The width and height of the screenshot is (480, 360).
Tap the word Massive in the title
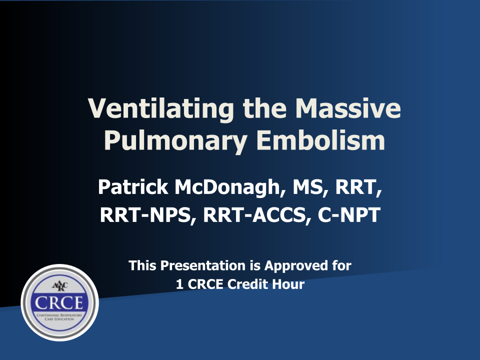[348, 108]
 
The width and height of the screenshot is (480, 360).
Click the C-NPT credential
[349, 214]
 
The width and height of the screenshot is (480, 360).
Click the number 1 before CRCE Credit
[179, 284]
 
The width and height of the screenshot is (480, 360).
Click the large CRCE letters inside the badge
[59, 303]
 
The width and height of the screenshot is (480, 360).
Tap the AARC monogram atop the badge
[59, 286]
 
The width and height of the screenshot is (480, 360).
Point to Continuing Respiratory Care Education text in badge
[59, 317]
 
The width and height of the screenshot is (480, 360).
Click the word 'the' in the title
[265, 108]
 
